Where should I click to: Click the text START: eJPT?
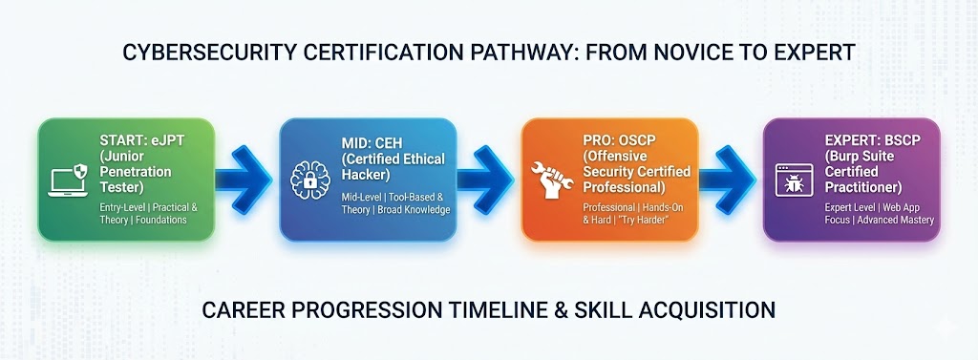139,141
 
